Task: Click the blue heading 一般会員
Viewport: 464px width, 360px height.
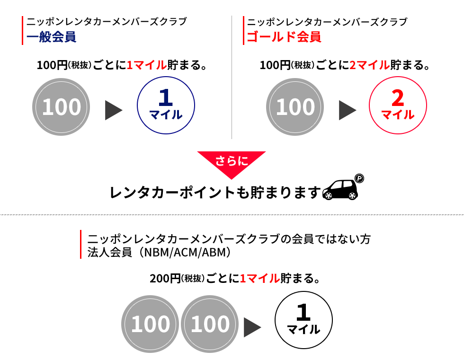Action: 52,37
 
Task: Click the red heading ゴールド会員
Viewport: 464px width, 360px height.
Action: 284,37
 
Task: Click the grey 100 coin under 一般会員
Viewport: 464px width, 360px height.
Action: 61,107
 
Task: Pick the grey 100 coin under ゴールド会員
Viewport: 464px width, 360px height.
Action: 294,107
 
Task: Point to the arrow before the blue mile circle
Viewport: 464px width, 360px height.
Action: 114,110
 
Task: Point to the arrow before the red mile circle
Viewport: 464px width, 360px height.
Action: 348,110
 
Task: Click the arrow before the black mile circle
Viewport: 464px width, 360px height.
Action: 252,327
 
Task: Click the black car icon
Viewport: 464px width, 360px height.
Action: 340,189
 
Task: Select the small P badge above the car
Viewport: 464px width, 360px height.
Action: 359,178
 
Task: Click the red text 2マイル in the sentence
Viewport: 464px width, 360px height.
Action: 370,65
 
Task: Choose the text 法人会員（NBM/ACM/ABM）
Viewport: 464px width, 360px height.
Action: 159,253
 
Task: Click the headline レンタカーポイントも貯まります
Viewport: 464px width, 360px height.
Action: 215,193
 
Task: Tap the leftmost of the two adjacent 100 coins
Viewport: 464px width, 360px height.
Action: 150,324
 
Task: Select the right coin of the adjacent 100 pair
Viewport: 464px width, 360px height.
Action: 209,324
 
